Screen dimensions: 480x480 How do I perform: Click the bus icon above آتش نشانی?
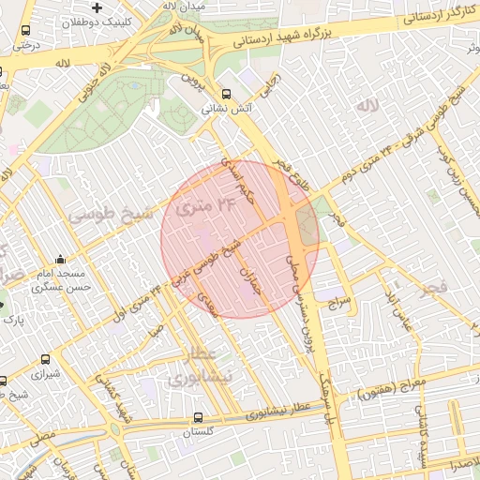pos(227,94)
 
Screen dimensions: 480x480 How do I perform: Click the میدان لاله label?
pos(183,6)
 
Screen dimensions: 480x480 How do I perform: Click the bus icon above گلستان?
pos(197,417)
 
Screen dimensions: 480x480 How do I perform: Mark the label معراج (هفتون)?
pos(403,386)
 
